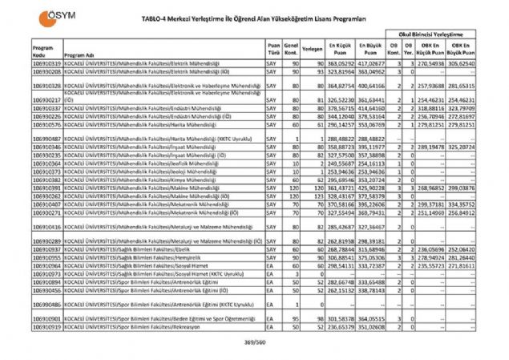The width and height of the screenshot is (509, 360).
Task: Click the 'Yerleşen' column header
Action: pyautogui.click(x=313, y=48)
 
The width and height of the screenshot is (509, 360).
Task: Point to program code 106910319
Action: pyautogui.click(x=48, y=62)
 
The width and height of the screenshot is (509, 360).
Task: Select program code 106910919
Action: pyautogui.click(x=48, y=327)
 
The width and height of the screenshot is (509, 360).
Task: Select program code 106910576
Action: pyautogui.click(x=48, y=125)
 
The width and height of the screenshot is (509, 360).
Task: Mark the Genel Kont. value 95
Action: pyautogui.click(x=296, y=319)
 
